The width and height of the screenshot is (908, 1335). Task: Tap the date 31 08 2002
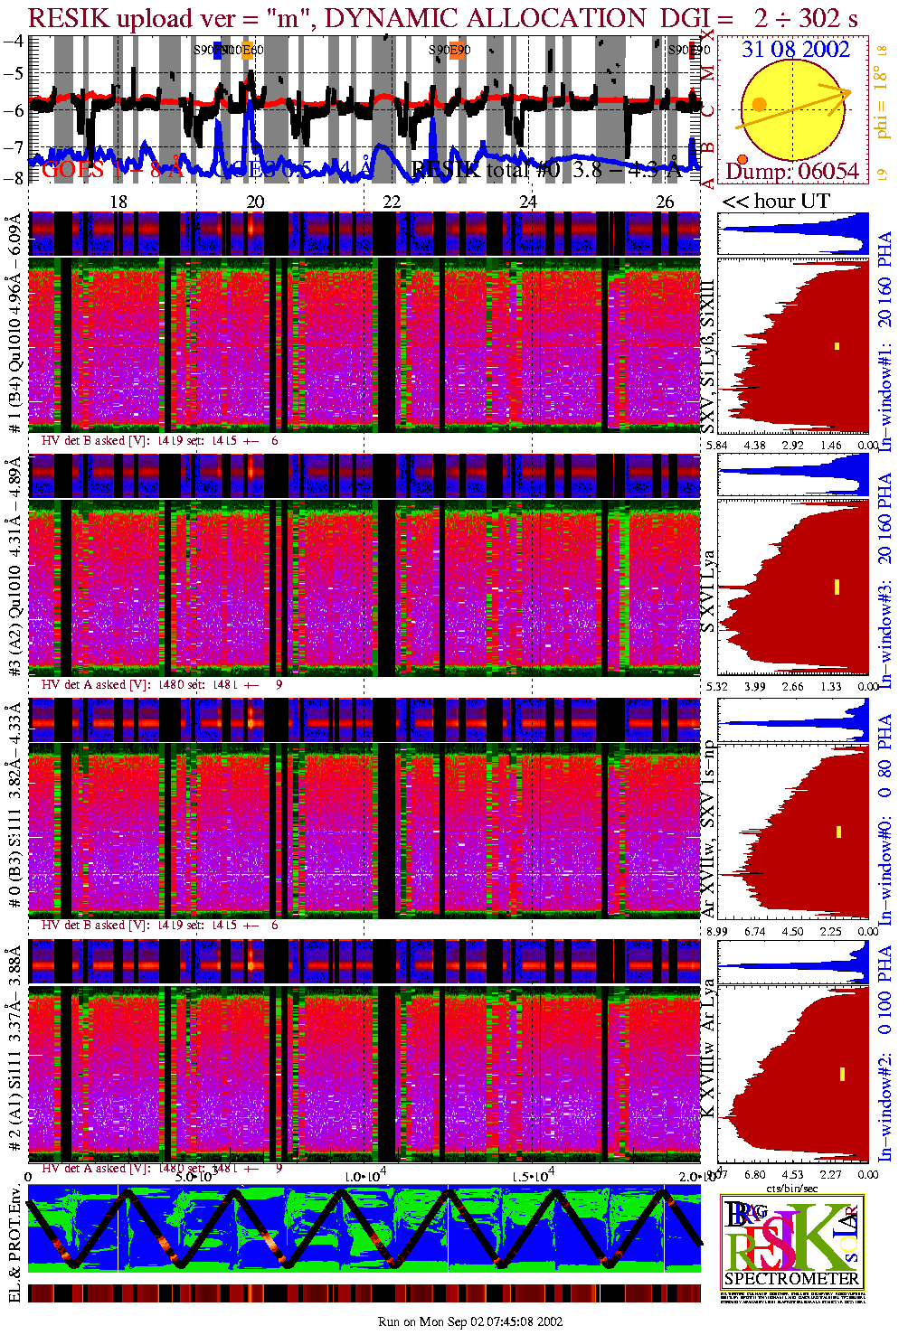pyautogui.click(x=796, y=49)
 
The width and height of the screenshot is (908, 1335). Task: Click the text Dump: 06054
pyautogui.click(x=792, y=171)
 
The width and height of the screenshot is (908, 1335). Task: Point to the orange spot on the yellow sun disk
pyautogui.click(x=759, y=105)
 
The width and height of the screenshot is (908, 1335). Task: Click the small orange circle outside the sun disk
pyautogui.click(x=742, y=159)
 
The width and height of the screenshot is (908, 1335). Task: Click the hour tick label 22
pyautogui.click(x=392, y=202)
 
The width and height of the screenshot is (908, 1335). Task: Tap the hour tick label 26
pyautogui.click(x=665, y=202)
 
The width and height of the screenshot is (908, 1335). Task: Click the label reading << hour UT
pyautogui.click(x=776, y=202)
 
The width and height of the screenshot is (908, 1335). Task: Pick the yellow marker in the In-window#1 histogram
pyautogui.click(x=837, y=345)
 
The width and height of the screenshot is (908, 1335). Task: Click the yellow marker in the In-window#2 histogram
pyautogui.click(x=842, y=1074)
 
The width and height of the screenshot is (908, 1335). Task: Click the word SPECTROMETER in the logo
pyautogui.click(x=791, y=1278)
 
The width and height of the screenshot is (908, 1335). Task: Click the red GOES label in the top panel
pyautogui.click(x=72, y=169)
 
